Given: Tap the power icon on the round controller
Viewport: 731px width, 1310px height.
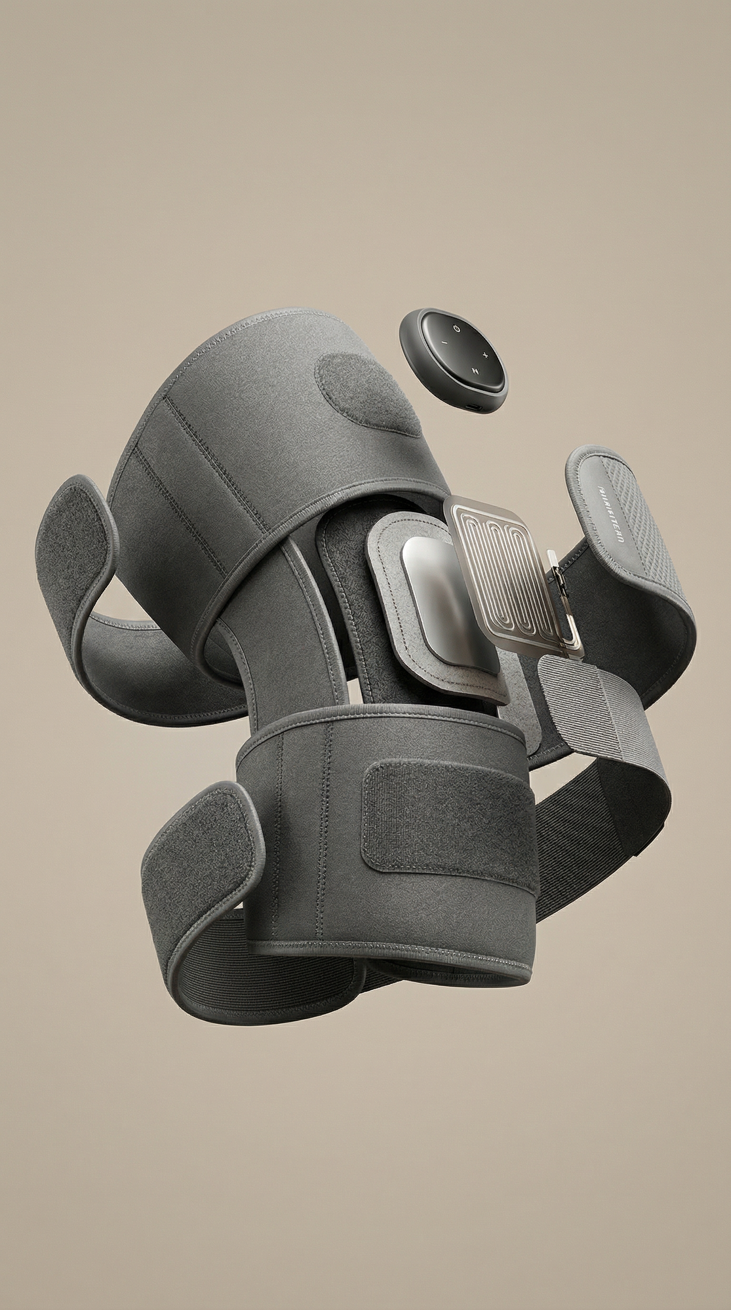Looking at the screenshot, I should click(x=456, y=328).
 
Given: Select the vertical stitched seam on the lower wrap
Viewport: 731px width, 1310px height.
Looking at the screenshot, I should click(x=320, y=834).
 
